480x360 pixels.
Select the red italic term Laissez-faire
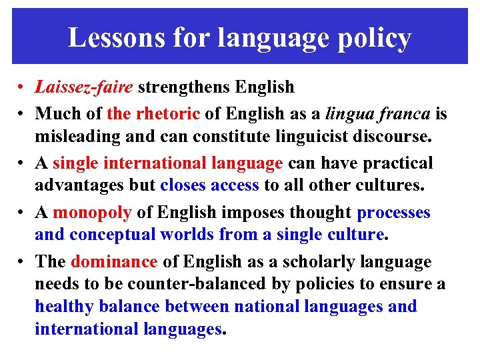tap(84, 87)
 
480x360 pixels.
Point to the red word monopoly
tap(92, 212)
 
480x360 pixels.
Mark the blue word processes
tap(394, 212)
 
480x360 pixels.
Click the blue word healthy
tap(64, 307)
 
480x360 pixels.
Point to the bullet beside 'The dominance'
tap(22, 262)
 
